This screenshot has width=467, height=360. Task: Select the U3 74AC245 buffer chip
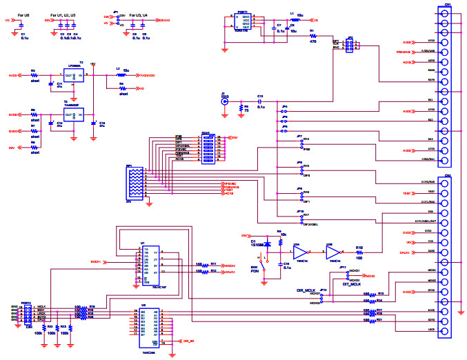(x=148, y=328)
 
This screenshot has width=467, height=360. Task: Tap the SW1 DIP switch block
(x=206, y=148)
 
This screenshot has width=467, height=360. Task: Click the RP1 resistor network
(x=136, y=183)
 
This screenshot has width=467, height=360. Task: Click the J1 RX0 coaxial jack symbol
(x=223, y=102)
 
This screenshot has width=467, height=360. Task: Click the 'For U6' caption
(x=22, y=14)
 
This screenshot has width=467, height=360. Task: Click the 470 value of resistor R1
(x=312, y=41)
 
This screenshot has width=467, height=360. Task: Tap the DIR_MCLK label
(x=306, y=291)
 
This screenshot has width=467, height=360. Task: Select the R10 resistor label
(x=359, y=246)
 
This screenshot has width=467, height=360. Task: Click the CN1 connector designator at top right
(x=448, y=4)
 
